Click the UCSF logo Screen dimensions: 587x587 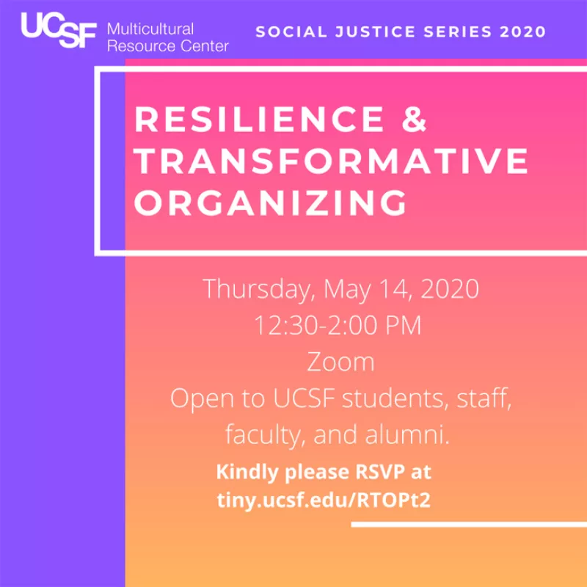(x=59, y=30)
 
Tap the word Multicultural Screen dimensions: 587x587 (x=150, y=29)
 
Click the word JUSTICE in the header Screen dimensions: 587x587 (x=375, y=32)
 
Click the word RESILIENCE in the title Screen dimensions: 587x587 (x=259, y=119)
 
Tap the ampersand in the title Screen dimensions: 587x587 (x=414, y=119)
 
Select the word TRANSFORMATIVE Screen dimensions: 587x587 (x=331, y=161)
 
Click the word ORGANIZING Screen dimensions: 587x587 (x=270, y=203)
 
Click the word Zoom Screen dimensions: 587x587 (x=340, y=362)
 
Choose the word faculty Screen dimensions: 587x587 (x=265, y=435)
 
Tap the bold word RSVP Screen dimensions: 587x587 (x=380, y=472)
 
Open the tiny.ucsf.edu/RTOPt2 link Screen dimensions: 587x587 (x=324, y=500)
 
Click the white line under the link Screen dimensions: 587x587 (x=469, y=525)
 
